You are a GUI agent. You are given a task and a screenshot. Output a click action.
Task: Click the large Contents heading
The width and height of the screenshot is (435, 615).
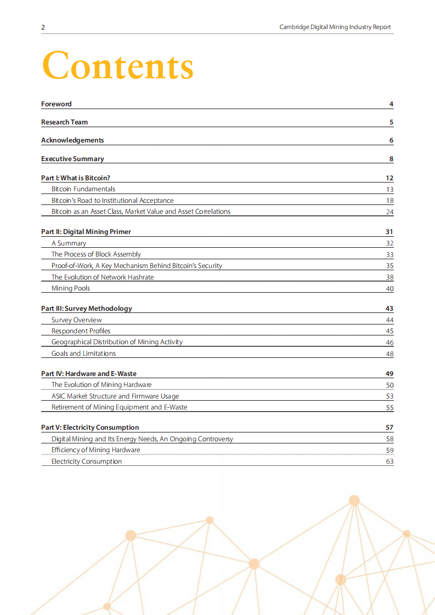(x=117, y=66)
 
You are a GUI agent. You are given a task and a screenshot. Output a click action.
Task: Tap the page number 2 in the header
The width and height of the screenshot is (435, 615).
(x=43, y=27)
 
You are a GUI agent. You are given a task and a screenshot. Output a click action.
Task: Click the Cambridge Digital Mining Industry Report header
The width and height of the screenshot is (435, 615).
(x=335, y=27)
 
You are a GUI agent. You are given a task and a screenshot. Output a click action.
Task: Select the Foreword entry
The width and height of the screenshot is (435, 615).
(x=57, y=104)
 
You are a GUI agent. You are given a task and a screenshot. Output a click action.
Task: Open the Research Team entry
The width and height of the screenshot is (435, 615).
(x=64, y=122)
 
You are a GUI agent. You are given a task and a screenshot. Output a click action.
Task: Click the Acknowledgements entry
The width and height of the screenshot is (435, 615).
(x=72, y=140)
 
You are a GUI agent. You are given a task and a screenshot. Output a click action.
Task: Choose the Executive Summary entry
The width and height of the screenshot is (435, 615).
(x=72, y=159)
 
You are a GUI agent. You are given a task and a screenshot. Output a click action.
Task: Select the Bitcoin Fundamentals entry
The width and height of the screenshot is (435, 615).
(x=83, y=189)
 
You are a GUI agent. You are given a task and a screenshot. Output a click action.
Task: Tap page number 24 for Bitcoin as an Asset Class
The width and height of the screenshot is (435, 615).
(x=389, y=212)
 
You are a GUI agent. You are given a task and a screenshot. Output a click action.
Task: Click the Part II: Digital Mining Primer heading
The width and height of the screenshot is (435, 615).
(x=86, y=232)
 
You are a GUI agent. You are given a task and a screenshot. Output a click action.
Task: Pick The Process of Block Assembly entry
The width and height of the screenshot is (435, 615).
(x=96, y=254)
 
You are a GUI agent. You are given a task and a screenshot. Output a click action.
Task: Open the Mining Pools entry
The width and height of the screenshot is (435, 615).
(x=71, y=288)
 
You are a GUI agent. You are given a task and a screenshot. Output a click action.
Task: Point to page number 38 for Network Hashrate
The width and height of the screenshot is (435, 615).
(x=389, y=277)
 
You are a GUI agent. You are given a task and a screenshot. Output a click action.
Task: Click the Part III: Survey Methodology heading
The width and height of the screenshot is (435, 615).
(x=87, y=309)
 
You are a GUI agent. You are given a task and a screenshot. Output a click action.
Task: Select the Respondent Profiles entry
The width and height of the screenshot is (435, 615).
(x=81, y=331)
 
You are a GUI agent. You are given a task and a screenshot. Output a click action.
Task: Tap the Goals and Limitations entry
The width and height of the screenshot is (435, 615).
(x=83, y=354)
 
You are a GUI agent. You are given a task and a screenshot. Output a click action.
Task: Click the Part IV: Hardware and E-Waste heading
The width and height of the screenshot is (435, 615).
(x=89, y=374)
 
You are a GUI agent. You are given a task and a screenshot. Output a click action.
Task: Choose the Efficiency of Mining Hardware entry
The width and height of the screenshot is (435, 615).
(x=95, y=450)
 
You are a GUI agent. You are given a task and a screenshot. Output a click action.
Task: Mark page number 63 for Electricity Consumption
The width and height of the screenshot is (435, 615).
(x=389, y=462)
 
